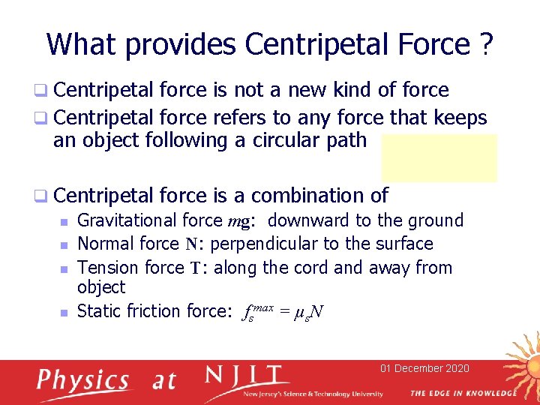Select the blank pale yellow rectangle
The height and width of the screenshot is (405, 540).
pyautogui.click(x=439, y=157)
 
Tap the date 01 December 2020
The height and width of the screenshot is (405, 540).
pyautogui.click(x=424, y=367)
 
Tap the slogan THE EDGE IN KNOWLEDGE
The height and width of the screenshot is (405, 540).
pyautogui.click(x=463, y=393)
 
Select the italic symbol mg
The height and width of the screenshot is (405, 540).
pyautogui.click(x=243, y=221)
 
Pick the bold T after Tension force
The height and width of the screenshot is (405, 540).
pyautogui.click(x=197, y=268)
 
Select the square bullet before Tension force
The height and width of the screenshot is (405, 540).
pyautogui.click(x=64, y=268)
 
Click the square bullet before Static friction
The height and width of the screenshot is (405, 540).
pyautogui.click(x=64, y=311)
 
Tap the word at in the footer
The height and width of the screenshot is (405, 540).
pyautogui.click(x=163, y=381)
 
